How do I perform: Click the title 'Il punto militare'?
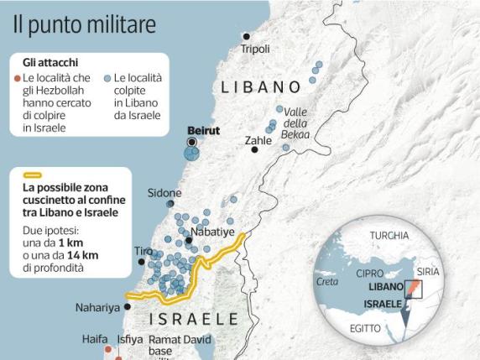[84, 23]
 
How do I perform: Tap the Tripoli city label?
[255, 50]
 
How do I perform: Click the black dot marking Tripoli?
[246, 36]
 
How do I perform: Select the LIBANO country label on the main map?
[260, 86]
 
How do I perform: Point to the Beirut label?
[202, 131]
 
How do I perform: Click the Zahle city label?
[258, 141]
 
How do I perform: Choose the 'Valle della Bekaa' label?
[296, 123]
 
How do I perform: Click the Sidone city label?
[164, 192]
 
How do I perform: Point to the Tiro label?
[143, 251]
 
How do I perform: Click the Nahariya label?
[97, 308]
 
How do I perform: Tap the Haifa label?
[95, 339]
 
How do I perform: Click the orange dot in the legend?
[18, 77]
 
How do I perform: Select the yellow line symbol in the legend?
[32, 176]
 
